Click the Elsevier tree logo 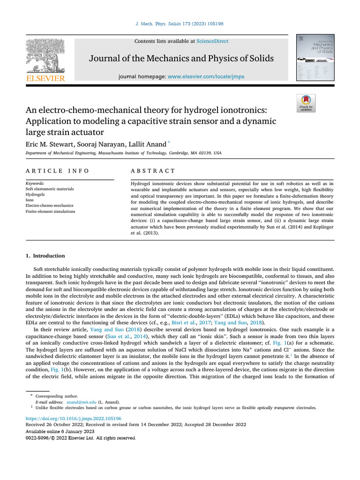[x=45, y=55]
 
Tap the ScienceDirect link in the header [x=212, y=41]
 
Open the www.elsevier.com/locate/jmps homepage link [x=206, y=76]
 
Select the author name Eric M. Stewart [x=48, y=144]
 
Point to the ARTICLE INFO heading [x=57, y=171]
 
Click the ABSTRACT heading [x=153, y=171]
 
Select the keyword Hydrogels [x=36, y=194]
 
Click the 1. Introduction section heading [x=45, y=256]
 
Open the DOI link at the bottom [x=73, y=418]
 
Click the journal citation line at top [x=180, y=23]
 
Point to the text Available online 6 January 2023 [x=60, y=431]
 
